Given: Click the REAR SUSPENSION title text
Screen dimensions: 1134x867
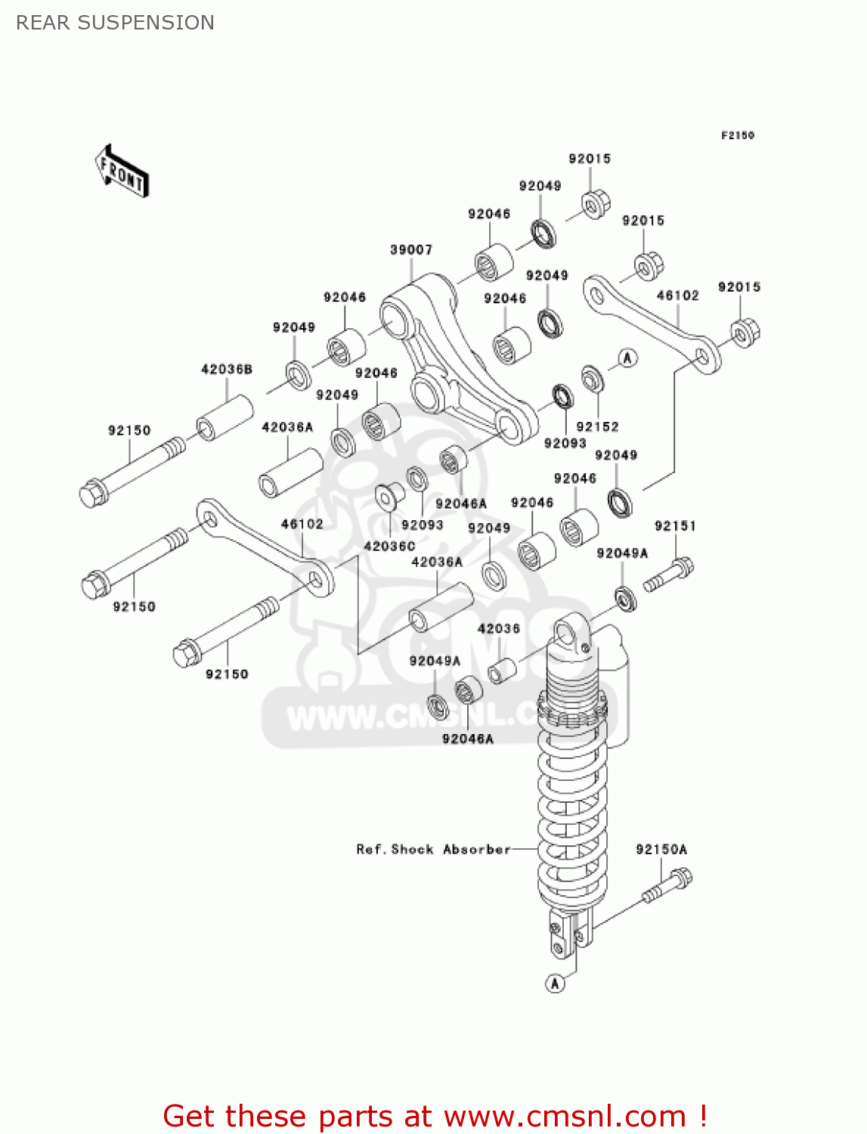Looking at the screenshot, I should tap(115, 23).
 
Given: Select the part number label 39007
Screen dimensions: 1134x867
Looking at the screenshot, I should tap(410, 249).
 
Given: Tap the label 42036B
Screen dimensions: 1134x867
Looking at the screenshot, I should tap(226, 369).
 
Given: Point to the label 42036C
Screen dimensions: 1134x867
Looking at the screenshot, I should tap(389, 546).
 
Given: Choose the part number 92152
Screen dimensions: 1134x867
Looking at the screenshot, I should tap(597, 426).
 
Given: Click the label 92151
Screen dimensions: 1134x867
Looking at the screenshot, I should tap(675, 525).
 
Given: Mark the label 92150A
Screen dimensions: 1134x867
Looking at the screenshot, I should tap(661, 849).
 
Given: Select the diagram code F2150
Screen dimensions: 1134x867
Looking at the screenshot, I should tap(737, 135).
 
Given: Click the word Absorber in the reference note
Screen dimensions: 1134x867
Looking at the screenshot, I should tap(476, 849).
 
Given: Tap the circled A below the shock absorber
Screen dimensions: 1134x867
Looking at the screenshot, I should tap(555, 983).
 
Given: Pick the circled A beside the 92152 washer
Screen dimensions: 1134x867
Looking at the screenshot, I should tap(627, 358).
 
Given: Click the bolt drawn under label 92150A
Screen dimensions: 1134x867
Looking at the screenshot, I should tap(667, 887).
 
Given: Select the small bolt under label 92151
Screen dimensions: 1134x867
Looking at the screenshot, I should tap(668, 575).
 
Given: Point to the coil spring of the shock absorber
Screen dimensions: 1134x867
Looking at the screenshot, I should tap(571, 816).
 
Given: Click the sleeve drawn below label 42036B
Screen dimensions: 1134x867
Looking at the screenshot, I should tap(224, 417).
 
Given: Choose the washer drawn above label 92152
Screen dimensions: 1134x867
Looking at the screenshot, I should tap(592, 379).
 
